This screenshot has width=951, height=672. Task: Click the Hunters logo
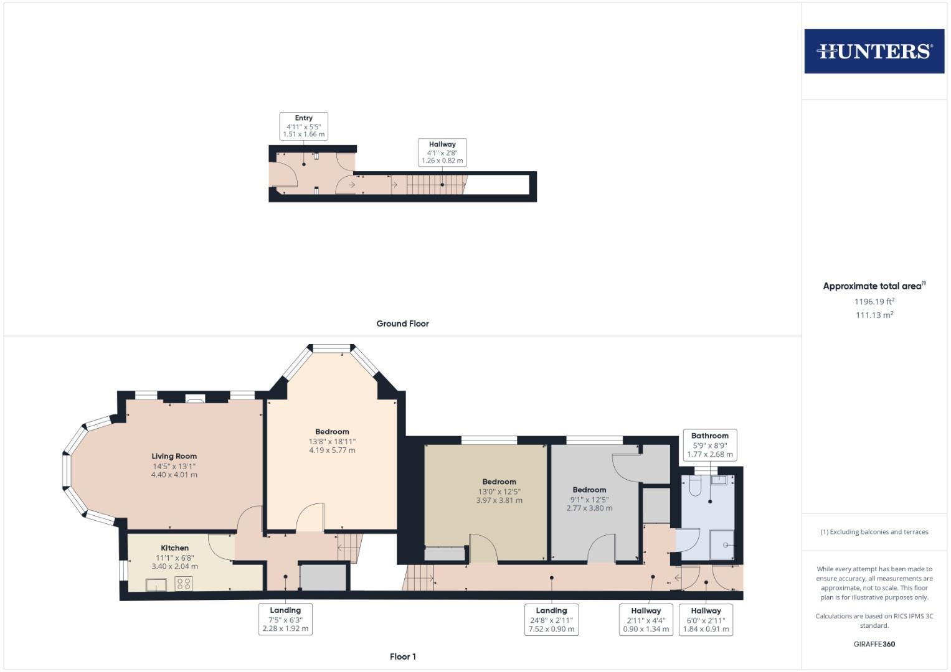(x=874, y=51)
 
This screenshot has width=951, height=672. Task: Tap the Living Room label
(x=174, y=456)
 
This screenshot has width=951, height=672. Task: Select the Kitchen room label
(x=174, y=548)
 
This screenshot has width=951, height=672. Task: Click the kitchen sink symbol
(x=156, y=584)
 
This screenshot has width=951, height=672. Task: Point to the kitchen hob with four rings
(x=184, y=584)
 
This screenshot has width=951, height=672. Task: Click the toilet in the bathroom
(x=696, y=485)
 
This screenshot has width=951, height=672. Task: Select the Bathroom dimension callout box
(x=710, y=445)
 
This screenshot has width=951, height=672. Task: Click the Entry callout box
(x=304, y=126)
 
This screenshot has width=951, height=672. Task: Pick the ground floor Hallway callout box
(x=442, y=152)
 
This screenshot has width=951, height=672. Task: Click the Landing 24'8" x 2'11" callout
(x=551, y=620)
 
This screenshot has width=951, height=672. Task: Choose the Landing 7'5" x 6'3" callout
(x=285, y=620)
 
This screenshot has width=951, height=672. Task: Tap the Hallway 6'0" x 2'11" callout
(x=706, y=620)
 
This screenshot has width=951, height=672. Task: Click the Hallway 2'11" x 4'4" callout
(x=646, y=620)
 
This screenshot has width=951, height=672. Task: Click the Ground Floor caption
(x=402, y=324)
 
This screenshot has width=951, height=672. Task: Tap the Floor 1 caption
(x=402, y=656)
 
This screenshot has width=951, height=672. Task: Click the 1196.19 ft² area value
(x=874, y=302)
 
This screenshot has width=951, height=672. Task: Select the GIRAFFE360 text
(x=874, y=644)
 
